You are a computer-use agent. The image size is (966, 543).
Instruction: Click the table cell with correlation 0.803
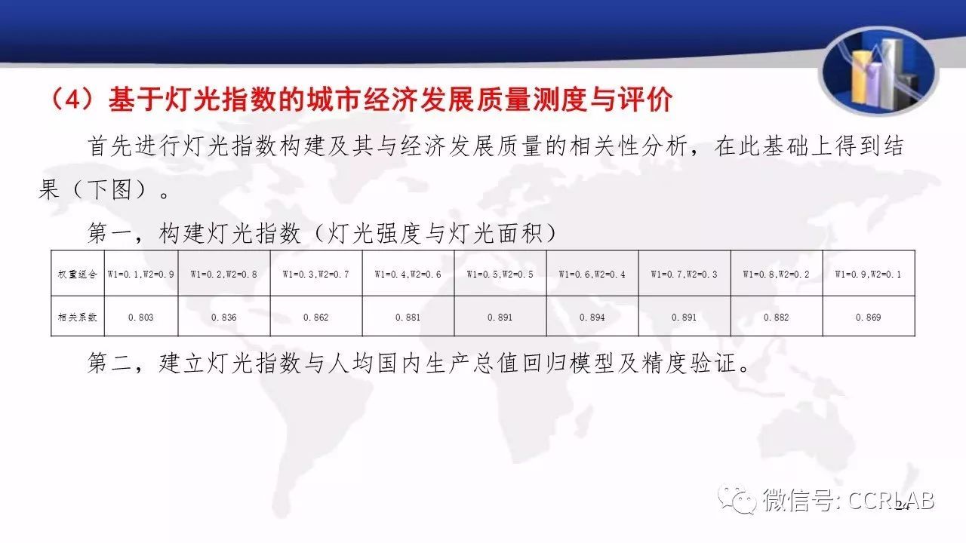[140, 318]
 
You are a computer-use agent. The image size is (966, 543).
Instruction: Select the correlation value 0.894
[592, 318]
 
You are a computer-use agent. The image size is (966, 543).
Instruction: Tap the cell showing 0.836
[224, 318]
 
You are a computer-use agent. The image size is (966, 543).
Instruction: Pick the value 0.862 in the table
[315, 318]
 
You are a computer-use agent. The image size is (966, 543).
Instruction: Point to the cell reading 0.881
[408, 318]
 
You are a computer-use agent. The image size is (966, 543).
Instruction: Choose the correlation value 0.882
[776, 318]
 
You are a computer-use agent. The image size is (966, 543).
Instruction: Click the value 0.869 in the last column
[868, 318]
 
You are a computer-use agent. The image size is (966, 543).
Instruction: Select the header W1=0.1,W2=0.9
[140, 274]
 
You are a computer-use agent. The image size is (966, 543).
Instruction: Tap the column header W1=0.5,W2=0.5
[500, 274]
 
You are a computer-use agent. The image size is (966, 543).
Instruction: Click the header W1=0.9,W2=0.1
[868, 274]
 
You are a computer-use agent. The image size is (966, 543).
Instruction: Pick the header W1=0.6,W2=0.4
[592, 274]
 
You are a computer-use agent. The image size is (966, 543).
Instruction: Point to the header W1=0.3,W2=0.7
[315, 274]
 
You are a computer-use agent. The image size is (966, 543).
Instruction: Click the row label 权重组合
[78, 274]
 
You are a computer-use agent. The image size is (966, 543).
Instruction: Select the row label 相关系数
[78, 318]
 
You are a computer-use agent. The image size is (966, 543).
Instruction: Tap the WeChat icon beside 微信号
[737, 499]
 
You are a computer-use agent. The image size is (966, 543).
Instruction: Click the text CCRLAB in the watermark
[891, 501]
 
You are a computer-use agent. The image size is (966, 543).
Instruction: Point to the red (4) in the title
[72, 100]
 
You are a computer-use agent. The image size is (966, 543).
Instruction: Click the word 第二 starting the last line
[109, 363]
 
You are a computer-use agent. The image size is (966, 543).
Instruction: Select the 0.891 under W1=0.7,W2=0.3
[684, 318]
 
